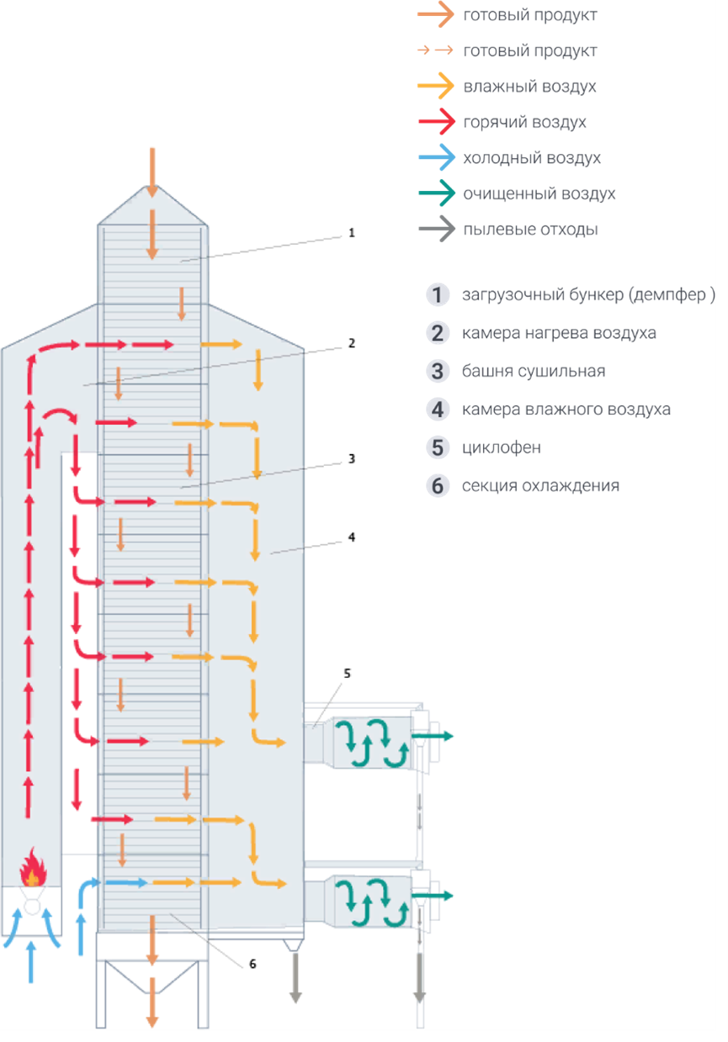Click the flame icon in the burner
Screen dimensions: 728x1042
33,867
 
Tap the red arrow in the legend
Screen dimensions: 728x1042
436,121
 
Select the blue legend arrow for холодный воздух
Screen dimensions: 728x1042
436,157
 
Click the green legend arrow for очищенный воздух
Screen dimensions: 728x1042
436,193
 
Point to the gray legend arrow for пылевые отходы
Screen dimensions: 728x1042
436,229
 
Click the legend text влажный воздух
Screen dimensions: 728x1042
529,87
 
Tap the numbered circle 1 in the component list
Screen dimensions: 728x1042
437,294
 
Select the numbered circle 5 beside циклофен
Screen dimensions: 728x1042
437,447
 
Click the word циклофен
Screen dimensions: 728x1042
502,447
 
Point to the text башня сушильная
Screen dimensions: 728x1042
534,371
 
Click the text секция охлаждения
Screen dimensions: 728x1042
540,485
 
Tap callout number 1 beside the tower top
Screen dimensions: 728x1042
352,233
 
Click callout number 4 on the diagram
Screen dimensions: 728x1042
352,537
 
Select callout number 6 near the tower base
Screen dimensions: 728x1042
252,964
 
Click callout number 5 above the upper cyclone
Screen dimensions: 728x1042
347,673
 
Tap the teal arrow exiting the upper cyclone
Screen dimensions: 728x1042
432,735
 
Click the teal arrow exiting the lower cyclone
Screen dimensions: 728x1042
432,895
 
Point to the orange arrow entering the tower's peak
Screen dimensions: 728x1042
151,172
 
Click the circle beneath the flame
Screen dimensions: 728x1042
32,907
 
